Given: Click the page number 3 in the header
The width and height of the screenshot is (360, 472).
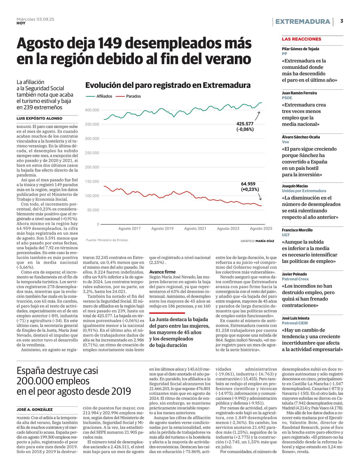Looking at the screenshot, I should point(342,21).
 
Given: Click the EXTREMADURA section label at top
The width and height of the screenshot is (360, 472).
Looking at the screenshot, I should point(303,22).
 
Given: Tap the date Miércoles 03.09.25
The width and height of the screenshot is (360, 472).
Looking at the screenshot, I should point(35,19).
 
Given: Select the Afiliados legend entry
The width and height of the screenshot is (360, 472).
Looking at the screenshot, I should point(104,96).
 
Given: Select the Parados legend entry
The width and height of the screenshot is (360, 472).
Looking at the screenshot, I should point(133,96).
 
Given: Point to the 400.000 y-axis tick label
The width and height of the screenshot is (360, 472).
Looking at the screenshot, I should point(92,110).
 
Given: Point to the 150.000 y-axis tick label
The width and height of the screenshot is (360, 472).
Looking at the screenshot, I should point(92,181).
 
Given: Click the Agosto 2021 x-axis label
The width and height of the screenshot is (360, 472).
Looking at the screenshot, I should point(195,229).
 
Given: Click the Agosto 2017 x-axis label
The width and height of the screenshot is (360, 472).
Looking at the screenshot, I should point(129,229).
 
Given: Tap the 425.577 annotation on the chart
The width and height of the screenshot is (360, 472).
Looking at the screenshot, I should point(245,123).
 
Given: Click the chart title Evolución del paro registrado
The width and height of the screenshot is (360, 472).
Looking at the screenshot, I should point(168,85).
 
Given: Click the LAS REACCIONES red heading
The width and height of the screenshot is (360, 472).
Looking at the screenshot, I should point(301,39).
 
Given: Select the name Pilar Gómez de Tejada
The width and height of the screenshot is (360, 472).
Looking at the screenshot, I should point(300,49).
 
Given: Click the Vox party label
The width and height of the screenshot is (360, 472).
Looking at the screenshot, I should point(285,142).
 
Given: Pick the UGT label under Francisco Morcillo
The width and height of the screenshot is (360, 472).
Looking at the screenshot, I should point(286,235).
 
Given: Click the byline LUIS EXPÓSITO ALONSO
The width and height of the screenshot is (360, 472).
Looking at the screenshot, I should point(39,118).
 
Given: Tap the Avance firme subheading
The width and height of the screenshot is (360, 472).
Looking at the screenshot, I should point(162,272).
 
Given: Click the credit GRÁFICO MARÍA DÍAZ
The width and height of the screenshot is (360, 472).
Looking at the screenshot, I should point(257,241).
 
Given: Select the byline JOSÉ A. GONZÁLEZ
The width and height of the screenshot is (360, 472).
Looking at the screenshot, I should point(34,409).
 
